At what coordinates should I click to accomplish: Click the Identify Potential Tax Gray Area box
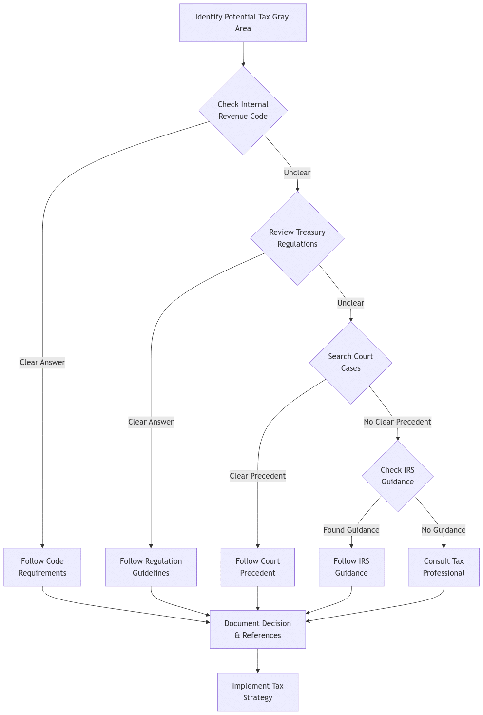[243, 23]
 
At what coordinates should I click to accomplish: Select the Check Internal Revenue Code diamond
[243, 110]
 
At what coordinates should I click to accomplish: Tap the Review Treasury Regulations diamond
[297, 238]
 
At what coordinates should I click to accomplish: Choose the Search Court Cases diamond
[350, 362]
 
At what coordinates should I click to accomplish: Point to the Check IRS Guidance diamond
[397, 476]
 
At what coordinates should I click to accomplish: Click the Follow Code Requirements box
[42, 567]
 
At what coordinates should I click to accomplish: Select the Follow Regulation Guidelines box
[151, 567]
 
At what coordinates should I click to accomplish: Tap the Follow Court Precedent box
[257, 567]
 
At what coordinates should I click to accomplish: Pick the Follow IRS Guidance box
[351, 567]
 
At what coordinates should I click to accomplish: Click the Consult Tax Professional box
[444, 567]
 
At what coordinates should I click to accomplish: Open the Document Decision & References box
[257, 629]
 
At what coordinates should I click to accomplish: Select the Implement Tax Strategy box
[257, 692]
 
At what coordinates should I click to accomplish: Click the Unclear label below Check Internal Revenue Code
[297, 173]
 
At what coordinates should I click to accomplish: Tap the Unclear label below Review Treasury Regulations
[350, 303]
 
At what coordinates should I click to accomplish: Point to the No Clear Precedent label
[397, 422]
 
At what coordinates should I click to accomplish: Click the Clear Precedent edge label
[257, 476]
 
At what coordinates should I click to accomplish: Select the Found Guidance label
[351, 530]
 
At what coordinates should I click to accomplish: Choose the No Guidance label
[443, 530]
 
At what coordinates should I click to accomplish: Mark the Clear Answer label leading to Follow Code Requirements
[42, 362]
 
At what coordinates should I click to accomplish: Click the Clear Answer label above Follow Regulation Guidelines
[151, 422]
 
